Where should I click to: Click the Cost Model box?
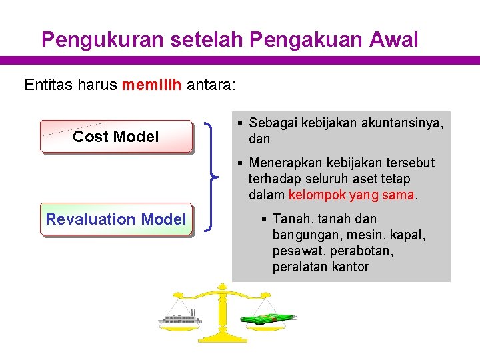pos(116,137)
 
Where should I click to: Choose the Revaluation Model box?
pos(116,219)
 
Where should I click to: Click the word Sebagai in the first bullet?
pos(272,123)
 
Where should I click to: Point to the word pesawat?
pos(297,251)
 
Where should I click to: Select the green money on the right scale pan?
pos(267,318)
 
